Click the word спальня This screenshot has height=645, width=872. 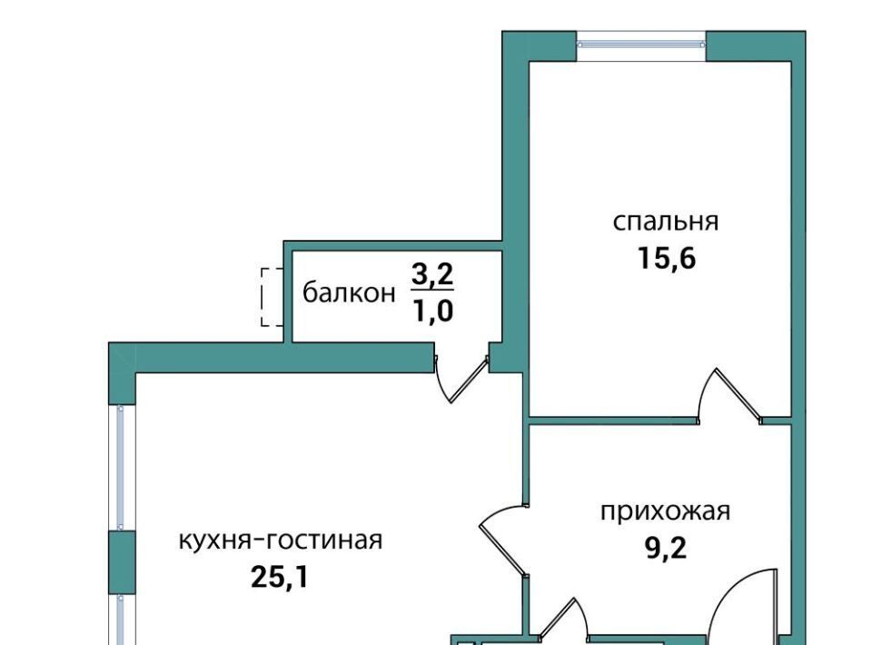point(666,223)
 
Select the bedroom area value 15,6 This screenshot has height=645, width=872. point(666,259)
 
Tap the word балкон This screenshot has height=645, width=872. point(349,293)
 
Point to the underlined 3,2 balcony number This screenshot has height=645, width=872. point(432,274)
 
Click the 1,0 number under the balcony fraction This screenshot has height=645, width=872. point(432,312)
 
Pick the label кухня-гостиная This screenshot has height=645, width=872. point(281,540)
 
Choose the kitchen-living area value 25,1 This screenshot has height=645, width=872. point(279,577)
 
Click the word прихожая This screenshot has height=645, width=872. point(665,511)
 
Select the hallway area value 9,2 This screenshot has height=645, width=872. point(666,549)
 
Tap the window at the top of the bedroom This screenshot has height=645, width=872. point(640,45)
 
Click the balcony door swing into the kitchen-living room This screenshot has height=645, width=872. point(461,378)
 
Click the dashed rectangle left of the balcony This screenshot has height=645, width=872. point(272,297)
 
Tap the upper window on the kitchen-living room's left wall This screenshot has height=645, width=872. point(121,468)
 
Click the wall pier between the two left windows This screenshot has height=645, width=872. point(122,562)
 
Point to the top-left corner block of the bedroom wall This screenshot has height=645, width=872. point(539,45)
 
